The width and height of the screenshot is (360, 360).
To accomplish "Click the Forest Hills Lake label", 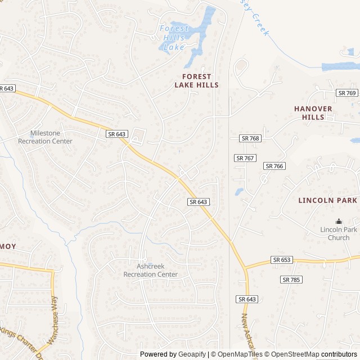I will point(174,37).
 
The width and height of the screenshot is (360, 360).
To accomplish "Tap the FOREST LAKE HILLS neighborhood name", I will point(196,80).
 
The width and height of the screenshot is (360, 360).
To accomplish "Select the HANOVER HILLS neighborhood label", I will point(313,112).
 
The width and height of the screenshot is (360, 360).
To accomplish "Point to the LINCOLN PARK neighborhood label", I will point(328,200).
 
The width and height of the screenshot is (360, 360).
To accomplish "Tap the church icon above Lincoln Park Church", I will point(339,222).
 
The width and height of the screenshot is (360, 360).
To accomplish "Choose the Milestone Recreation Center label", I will point(45,137).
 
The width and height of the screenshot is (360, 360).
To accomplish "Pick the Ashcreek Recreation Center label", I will point(150,270).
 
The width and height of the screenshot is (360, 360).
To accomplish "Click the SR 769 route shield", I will point(347,93).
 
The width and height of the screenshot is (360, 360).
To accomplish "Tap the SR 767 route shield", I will point(245,158).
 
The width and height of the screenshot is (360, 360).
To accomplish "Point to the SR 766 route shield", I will point(274,166).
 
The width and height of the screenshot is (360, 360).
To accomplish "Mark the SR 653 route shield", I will point(281,260).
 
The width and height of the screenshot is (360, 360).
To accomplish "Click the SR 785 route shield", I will point(291,280).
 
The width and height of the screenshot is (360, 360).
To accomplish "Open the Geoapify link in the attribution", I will point(192,354).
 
